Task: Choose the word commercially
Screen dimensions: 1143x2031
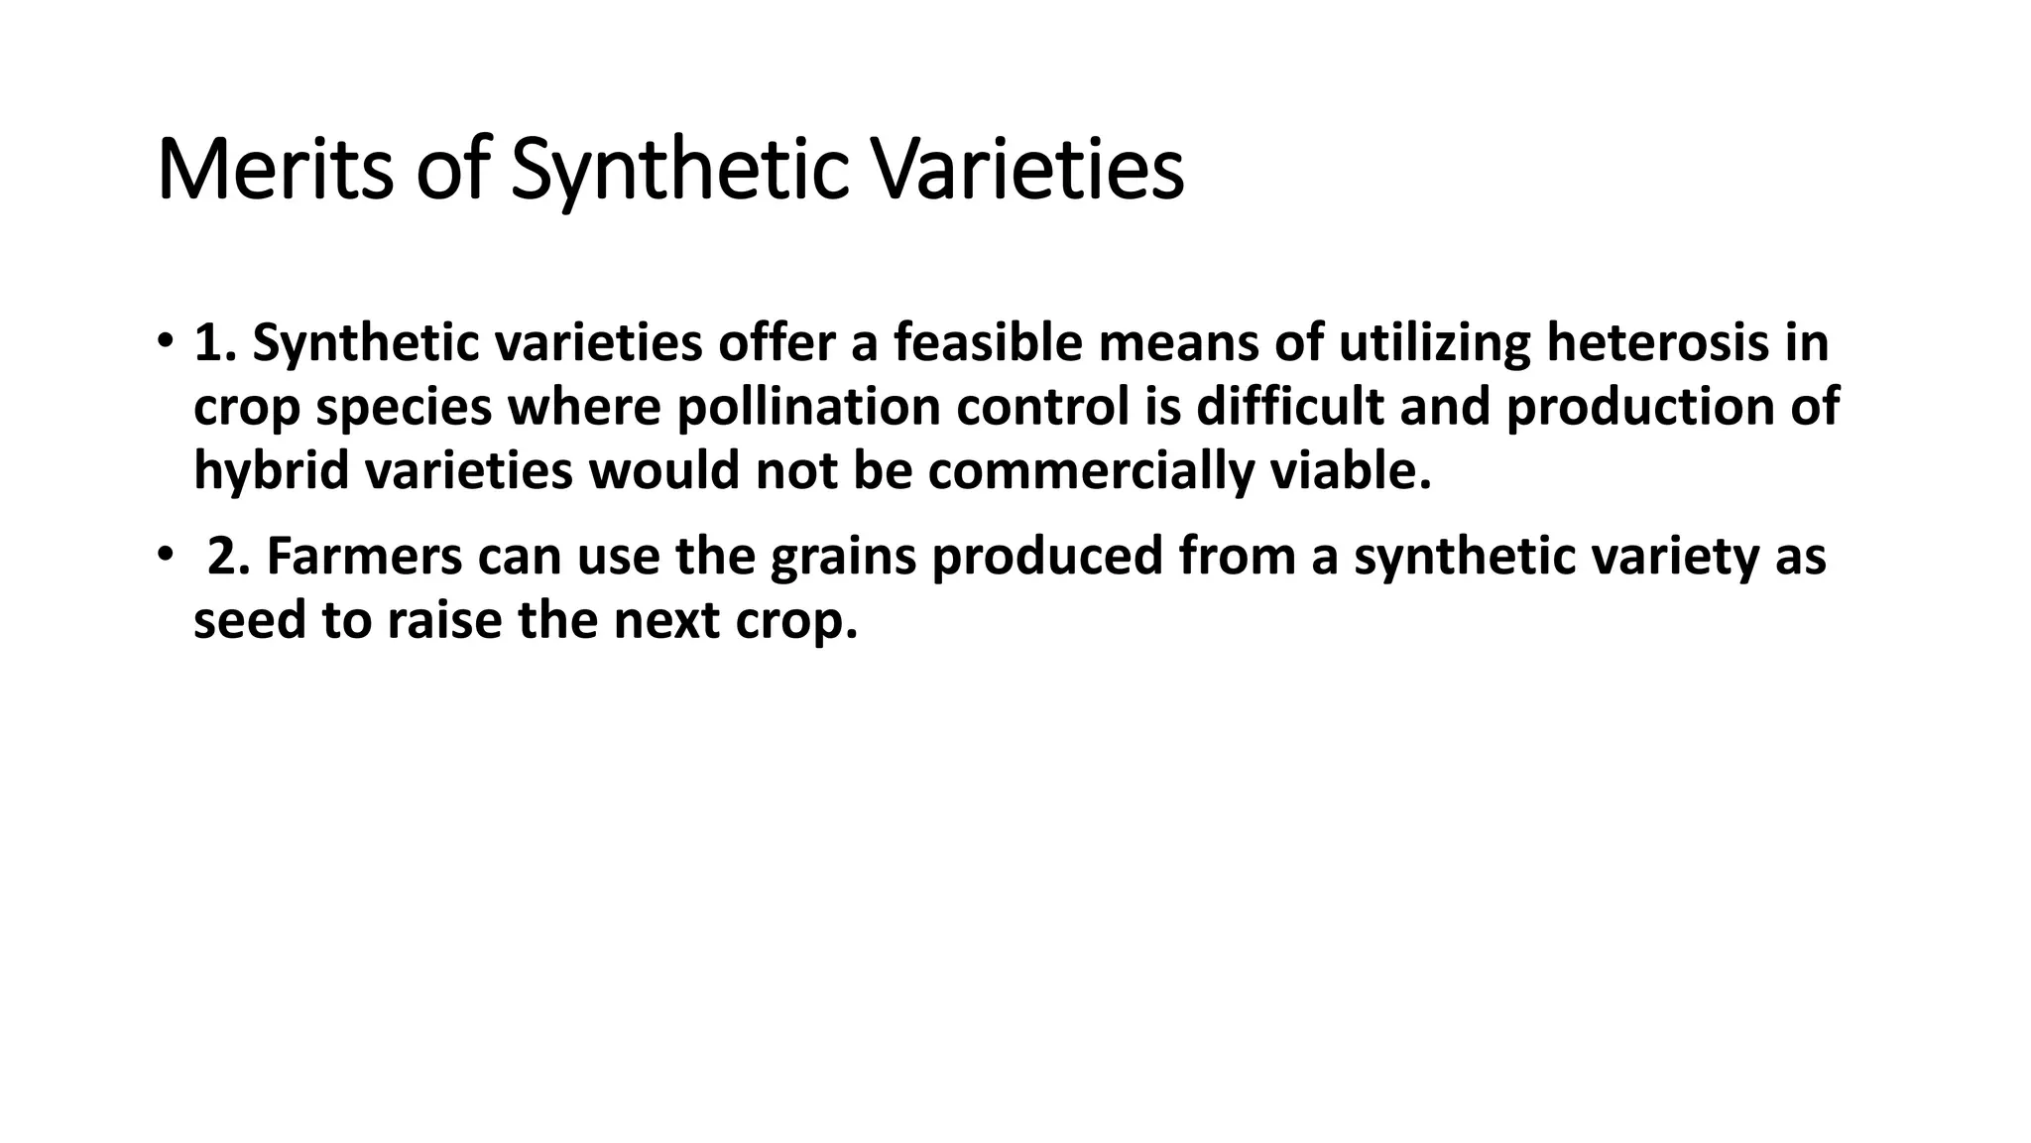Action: [x=1092, y=471]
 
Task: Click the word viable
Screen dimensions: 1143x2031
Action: [x=1352, y=471]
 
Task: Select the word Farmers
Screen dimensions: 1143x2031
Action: [x=364, y=557]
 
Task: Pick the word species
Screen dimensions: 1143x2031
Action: [x=404, y=408]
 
